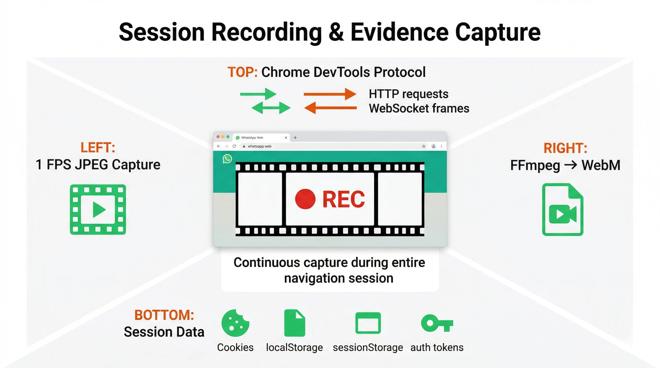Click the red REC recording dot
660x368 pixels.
(305, 199)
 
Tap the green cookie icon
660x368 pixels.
(235, 323)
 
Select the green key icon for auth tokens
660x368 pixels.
(437, 323)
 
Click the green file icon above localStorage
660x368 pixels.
(295, 323)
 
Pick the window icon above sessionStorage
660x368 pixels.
(368, 323)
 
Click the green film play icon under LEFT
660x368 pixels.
(98, 209)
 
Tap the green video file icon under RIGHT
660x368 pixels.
(563, 210)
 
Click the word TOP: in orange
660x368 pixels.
(242, 72)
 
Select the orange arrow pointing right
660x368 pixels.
(330, 94)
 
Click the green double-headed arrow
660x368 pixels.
(271, 108)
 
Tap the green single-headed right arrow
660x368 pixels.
(258, 94)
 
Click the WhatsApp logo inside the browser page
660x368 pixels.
(227, 159)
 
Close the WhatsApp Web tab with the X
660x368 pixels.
(286, 138)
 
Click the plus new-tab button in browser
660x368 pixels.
(295, 138)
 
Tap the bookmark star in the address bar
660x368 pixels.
(424, 146)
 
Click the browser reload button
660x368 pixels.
(234, 146)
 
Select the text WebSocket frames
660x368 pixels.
(419, 108)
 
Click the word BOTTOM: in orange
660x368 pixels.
(164, 315)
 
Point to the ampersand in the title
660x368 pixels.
(336, 32)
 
